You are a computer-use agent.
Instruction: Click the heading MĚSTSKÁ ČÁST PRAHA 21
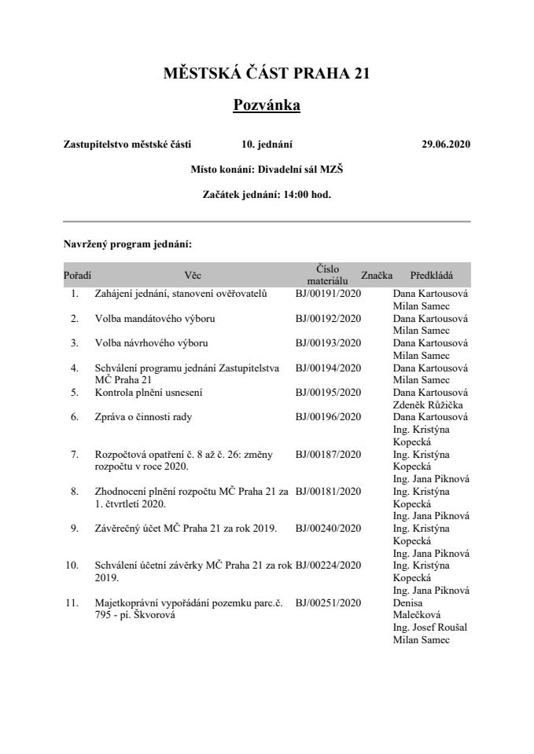pyautogui.click(x=267, y=74)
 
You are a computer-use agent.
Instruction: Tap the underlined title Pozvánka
pyautogui.click(x=267, y=104)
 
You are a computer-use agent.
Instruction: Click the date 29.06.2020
pyautogui.click(x=446, y=144)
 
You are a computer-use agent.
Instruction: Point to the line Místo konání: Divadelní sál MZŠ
pyautogui.click(x=267, y=169)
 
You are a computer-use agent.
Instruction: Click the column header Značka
pyautogui.click(x=377, y=276)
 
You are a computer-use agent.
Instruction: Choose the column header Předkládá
pyautogui.click(x=432, y=276)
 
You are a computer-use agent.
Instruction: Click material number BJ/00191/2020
pyautogui.click(x=328, y=294)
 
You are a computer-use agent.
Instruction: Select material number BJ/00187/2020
pyautogui.click(x=328, y=454)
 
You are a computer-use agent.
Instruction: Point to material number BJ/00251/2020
pyautogui.click(x=328, y=602)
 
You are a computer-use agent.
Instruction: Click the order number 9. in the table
pyautogui.click(x=75, y=529)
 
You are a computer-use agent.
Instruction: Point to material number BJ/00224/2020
pyautogui.click(x=328, y=565)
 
